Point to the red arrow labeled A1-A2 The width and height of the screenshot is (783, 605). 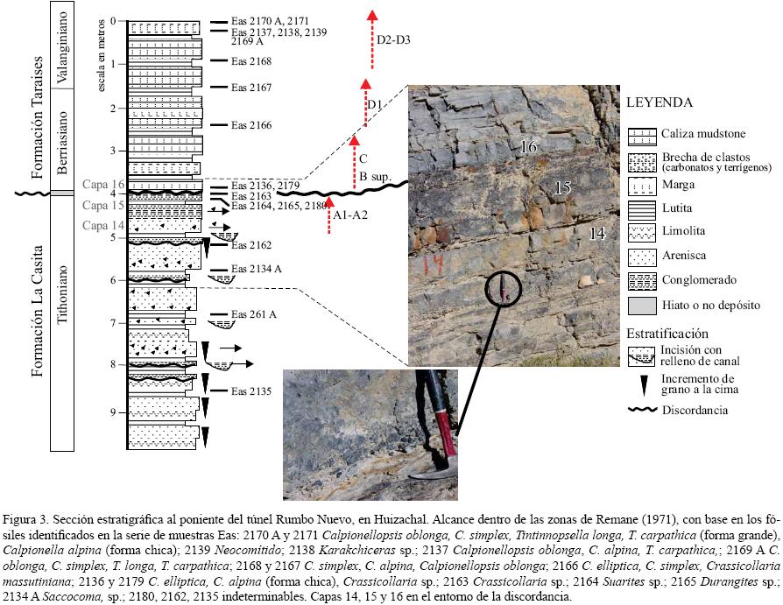330,214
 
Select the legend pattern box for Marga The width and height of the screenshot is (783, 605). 642,185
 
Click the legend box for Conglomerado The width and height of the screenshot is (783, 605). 642,281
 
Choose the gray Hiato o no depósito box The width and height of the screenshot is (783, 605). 642,305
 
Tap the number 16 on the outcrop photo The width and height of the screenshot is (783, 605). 527,147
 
